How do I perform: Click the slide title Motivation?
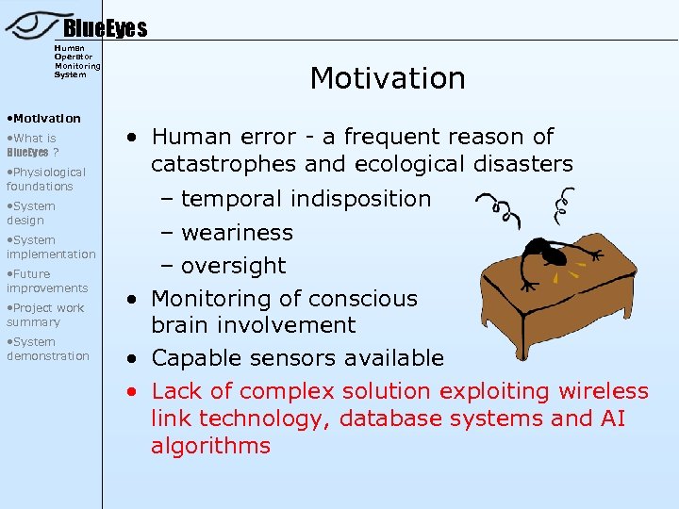388,78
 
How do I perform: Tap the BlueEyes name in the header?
105,29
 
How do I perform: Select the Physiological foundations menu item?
46,179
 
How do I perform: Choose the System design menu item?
31,213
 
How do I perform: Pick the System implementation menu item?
51,247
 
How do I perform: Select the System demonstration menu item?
48,349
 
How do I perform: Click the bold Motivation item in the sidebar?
44,119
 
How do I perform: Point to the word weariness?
237,233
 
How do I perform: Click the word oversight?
233,266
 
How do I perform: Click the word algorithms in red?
210,446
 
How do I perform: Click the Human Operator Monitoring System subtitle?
76,61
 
